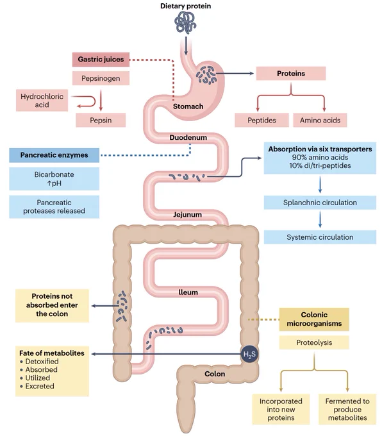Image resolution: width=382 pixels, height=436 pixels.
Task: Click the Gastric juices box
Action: coord(101,60)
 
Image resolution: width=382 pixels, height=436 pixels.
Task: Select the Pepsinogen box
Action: coord(101,78)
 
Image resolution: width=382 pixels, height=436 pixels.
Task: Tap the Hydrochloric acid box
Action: coord(42,101)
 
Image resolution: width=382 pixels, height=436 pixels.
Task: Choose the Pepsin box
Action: coord(101,120)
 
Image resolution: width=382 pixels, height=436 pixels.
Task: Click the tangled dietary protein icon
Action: coord(185,23)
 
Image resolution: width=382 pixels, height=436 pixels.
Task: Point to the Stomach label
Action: coord(188,106)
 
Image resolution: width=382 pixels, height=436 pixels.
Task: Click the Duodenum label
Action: coord(188,137)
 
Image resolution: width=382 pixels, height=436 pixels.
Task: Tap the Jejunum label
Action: coord(187,214)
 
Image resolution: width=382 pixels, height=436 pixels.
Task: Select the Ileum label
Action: coord(188,292)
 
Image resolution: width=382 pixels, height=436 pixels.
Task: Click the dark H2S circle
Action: coord(249,354)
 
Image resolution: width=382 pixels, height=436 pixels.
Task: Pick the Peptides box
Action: coord(262,120)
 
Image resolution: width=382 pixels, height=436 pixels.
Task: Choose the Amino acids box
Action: coord(320,120)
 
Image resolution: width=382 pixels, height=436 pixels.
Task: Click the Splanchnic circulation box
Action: coord(320,203)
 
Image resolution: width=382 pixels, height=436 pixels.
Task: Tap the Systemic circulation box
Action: coord(320,237)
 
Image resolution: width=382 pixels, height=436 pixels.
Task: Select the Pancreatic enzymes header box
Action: coord(54,155)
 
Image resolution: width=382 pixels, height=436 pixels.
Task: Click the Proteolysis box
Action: coord(314,342)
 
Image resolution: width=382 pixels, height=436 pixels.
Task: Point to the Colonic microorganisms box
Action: coord(314,319)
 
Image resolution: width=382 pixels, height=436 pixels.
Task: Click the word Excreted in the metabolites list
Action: coord(40,386)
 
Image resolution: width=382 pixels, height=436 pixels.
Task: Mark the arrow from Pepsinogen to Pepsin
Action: coord(101,100)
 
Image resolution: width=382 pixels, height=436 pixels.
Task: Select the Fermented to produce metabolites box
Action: coord(347,409)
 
